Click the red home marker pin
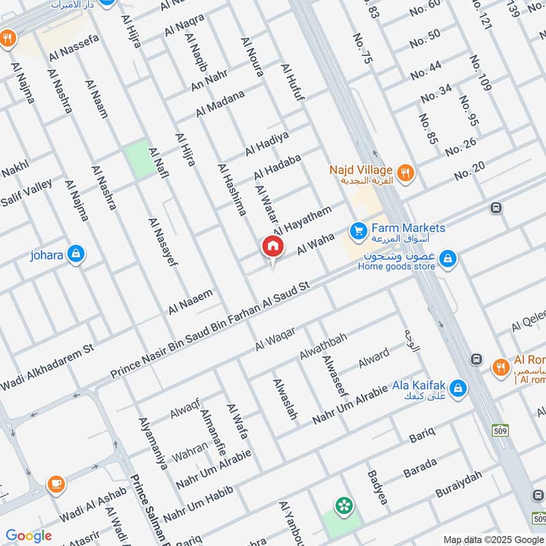click(x=272, y=247)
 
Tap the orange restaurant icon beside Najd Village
click(x=406, y=173)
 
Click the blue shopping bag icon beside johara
click(x=76, y=255)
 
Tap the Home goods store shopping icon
click(x=448, y=259)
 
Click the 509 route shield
click(x=501, y=430)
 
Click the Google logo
click(x=29, y=536)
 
